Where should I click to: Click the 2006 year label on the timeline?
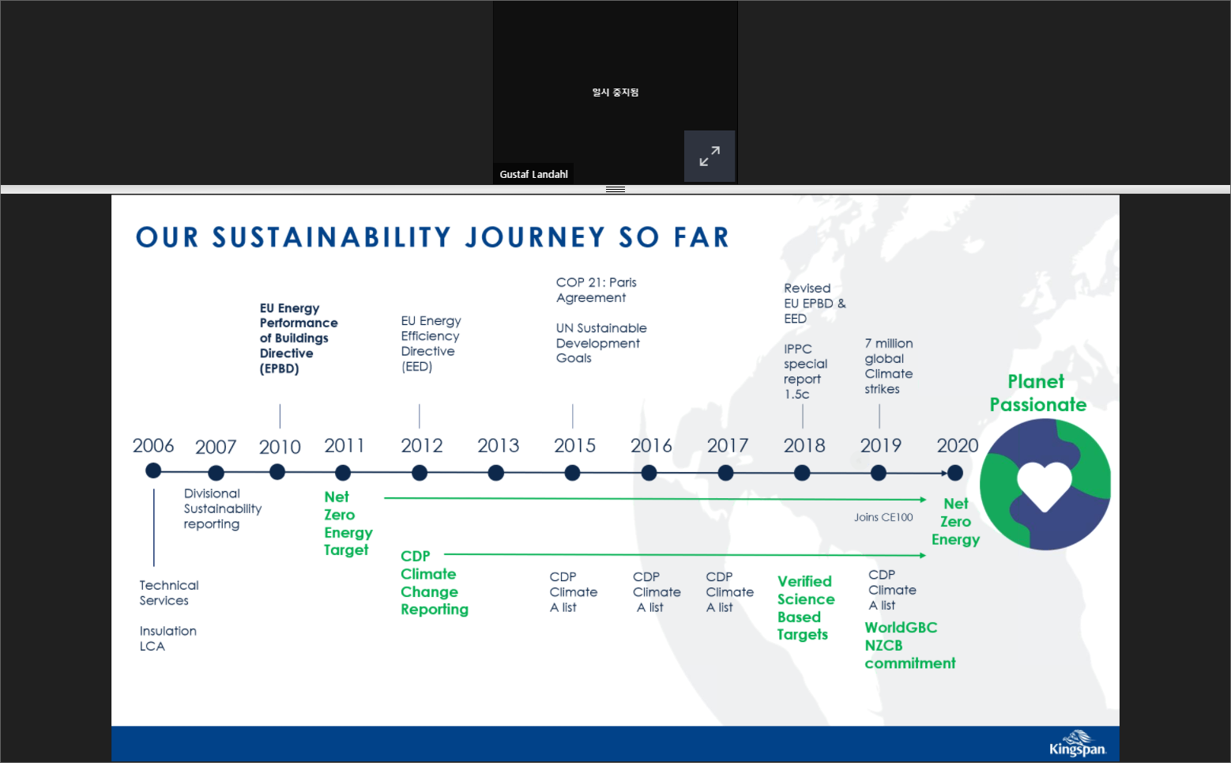(x=152, y=445)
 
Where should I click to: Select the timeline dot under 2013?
(x=495, y=473)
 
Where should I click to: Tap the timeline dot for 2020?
(x=955, y=473)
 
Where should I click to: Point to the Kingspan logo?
(x=1077, y=744)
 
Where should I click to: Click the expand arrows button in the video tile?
(x=710, y=157)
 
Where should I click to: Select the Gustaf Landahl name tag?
(x=533, y=174)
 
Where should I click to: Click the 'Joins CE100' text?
(x=883, y=517)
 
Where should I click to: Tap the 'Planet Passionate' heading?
(x=1037, y=393)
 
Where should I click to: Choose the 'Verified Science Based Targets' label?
(x=806, y=608)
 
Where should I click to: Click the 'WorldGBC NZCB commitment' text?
(x=910, y=645)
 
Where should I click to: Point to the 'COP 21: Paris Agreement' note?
(x=597, y=290)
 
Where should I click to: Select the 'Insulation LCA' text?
(x=168, y=638)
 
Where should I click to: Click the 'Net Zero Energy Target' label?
(x=348, y=523)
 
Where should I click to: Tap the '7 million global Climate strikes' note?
(x=889, y=366)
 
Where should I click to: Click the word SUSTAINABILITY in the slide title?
(x=332, y=238)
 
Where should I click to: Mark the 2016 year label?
(x=651, y=445)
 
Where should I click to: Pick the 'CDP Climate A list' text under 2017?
(x=729, y=592)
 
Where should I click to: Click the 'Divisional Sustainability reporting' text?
(x=223, y=509)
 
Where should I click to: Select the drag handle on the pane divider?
(x=615, y=189)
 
